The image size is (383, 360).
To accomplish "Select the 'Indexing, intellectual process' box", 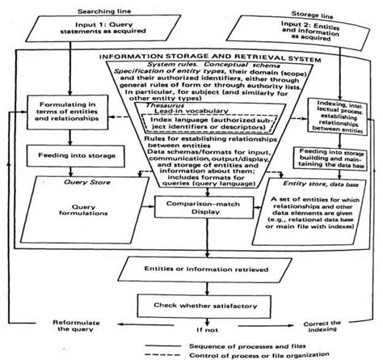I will pyautogui.click(x=321, y=115).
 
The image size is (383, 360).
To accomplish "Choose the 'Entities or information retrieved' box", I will pyautogui.click(x=192, y=266).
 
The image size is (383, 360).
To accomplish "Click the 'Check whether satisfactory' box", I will pyautogui.click(x=192, y=304).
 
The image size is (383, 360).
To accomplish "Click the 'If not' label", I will pyautogui.click(x=192, y=330).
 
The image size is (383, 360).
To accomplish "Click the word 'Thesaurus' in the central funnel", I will pyautogui.click(x=155, y=116).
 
